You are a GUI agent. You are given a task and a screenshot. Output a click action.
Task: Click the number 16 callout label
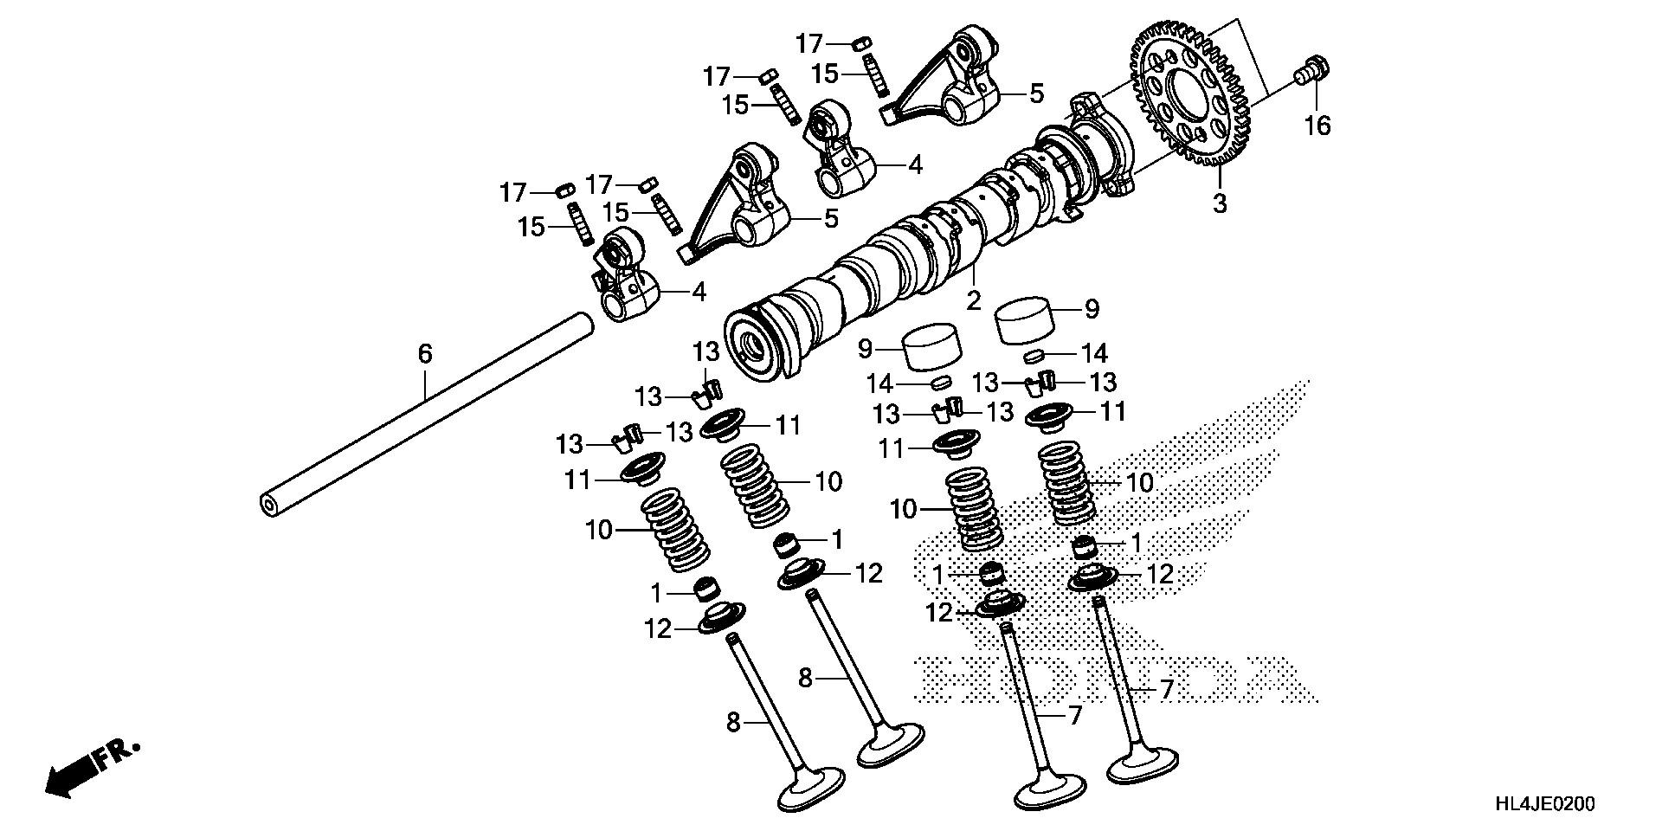click(x=1317, y=126)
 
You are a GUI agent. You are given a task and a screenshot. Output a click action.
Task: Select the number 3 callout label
click(x=1219, y=205)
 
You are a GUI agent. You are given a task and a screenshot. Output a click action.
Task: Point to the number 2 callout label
click(x=973, y=301)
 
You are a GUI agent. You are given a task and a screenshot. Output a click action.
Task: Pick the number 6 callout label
click(x=424, y=353)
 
